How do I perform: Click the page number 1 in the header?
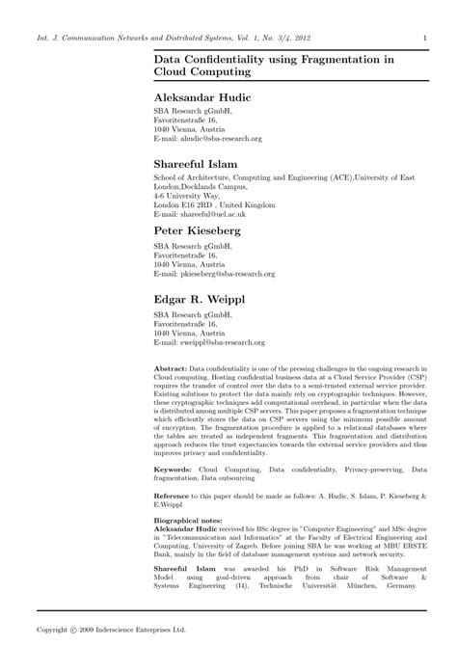pyautogui.click(x=425, y=39)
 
